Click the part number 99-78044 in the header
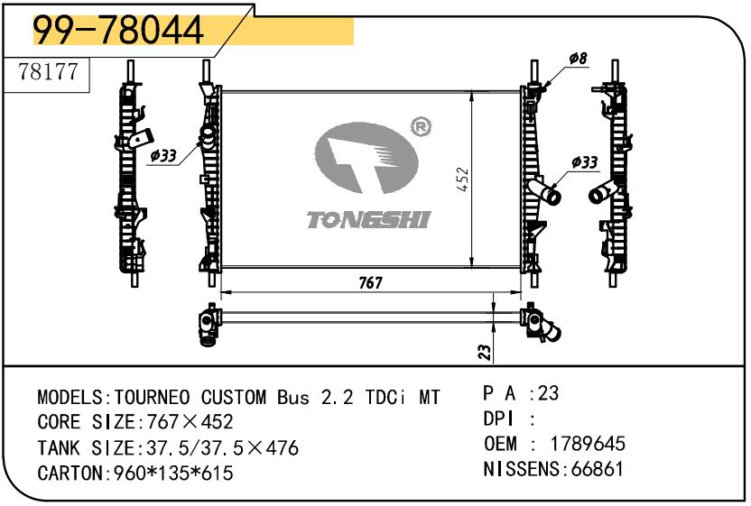click(x=118, y=30)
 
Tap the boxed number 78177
click(x=48, y=72)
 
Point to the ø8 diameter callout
click(x=578, y=59)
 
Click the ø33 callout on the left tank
click(x=162, y=155)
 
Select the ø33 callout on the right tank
click(x=585, y=162)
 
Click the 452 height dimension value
click(x=463, y=179)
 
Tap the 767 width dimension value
click(x=371, y=283)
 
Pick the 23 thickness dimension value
click(x=485, y=353)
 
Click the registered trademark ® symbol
click(x=421, y=127)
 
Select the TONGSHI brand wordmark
click(x=369, y=220)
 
